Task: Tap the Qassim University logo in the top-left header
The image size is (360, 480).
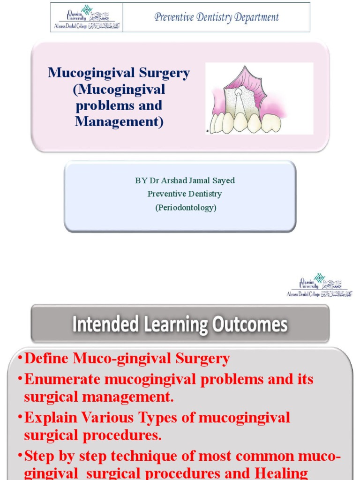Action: [87, 17]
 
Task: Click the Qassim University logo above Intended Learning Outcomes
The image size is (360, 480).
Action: [319, 285]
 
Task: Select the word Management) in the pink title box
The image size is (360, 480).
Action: [119, 121]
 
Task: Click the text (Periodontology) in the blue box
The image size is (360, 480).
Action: [186, 207]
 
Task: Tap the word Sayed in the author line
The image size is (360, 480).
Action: [224, 180]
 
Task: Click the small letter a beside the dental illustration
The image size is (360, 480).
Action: [207, 131]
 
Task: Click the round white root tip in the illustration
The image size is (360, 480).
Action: [239, 93]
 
